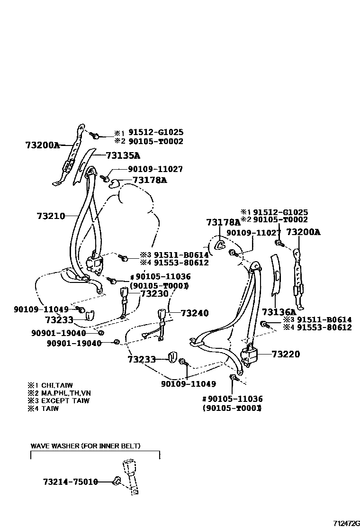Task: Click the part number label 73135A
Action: [123, 155]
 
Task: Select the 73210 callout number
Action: [51, 216]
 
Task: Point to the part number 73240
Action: [194, 313]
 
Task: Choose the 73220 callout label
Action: [286, 354]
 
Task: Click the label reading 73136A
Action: [279, 312]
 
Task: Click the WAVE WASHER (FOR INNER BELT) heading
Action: [85, 446]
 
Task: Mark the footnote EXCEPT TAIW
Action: [59, 400]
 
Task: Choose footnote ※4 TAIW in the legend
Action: [43, 408]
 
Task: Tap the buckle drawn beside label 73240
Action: [161, 316]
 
